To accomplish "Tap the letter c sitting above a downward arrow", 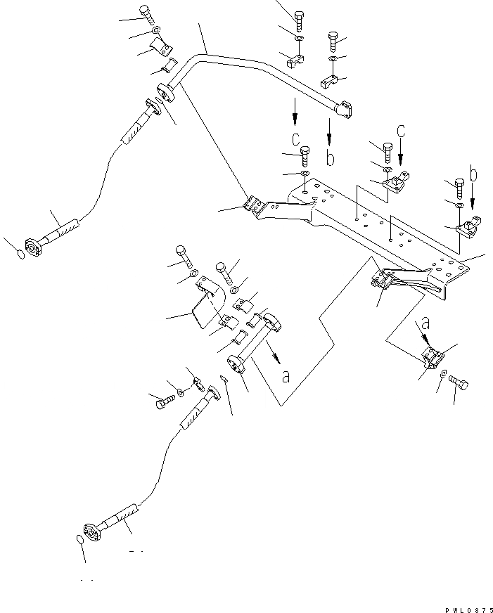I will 401,130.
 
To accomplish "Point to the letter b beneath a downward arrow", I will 330,158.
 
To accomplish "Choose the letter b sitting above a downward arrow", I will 474,173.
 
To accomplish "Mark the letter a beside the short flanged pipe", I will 286,376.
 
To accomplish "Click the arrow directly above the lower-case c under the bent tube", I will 295,109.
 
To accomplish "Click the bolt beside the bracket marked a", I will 457,385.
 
